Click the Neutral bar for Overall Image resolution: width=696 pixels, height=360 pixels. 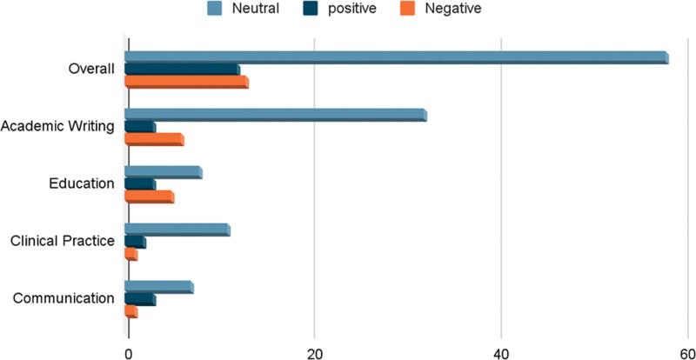(x=397, y=57)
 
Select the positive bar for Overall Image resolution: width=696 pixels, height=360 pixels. (x=183, y=70)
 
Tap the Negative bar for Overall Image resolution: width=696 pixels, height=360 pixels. (x=187, y=83)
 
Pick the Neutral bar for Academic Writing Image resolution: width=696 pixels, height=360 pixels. (x=276, y=114)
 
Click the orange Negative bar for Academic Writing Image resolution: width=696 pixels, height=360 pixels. (x=155, y=139)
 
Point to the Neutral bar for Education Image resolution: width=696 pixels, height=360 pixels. (x=164, y=171)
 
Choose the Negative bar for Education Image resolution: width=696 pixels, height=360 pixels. (x=150, y=197)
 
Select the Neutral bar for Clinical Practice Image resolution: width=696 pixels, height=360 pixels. (x=177, y=230)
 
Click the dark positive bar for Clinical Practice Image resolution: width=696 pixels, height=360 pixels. (x=136, y=242)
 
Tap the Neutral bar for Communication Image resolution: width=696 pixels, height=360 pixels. (x=159, y=287)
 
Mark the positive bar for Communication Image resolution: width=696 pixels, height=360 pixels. (x=140, y=299)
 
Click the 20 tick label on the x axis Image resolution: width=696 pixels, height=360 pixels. (x=315, y=352)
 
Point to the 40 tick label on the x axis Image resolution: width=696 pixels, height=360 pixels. (x=501, y=352)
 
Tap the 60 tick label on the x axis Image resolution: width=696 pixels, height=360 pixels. (x=686, y=352)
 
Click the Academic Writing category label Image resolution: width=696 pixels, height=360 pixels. (x=58, y=127)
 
